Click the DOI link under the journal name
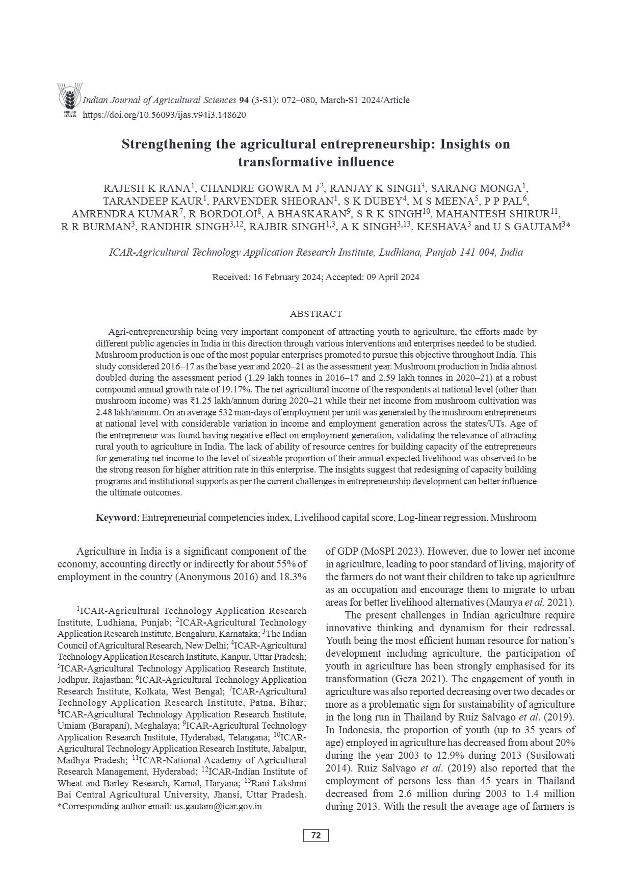pyautogui.click(x=164, y=115)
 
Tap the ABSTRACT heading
pyautogui.click(x=316, y=314)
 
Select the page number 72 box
pyautogui.click(x=316, y=835)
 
